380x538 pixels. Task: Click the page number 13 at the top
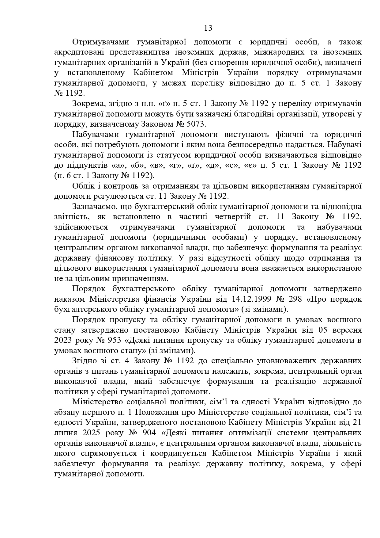click(x=208, y=28)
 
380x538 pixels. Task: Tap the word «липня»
click(x=65, y=433)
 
